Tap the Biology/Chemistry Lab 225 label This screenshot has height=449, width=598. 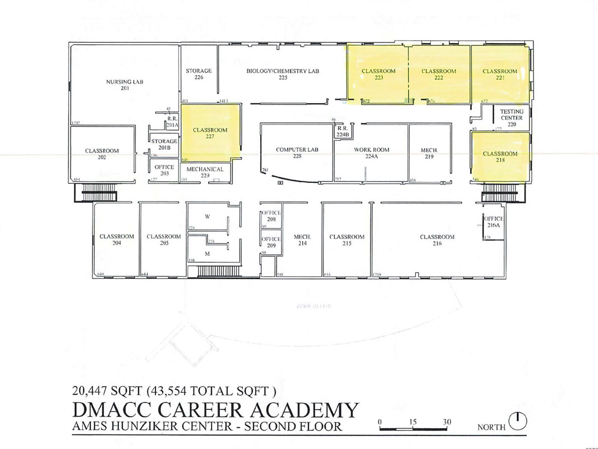click(283, 75)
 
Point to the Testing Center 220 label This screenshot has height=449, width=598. click(512, 118)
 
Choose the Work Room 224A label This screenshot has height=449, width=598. click(371, 153)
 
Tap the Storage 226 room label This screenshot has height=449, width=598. click(199, 74)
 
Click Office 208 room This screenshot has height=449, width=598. click(272, 217)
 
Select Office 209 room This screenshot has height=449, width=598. click(272, 242)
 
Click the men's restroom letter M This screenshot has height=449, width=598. click(207, 254)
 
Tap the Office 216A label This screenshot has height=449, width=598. click(494, 222)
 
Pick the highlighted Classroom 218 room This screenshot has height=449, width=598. click(500, 157)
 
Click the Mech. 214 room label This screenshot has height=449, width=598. click(302, 240)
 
